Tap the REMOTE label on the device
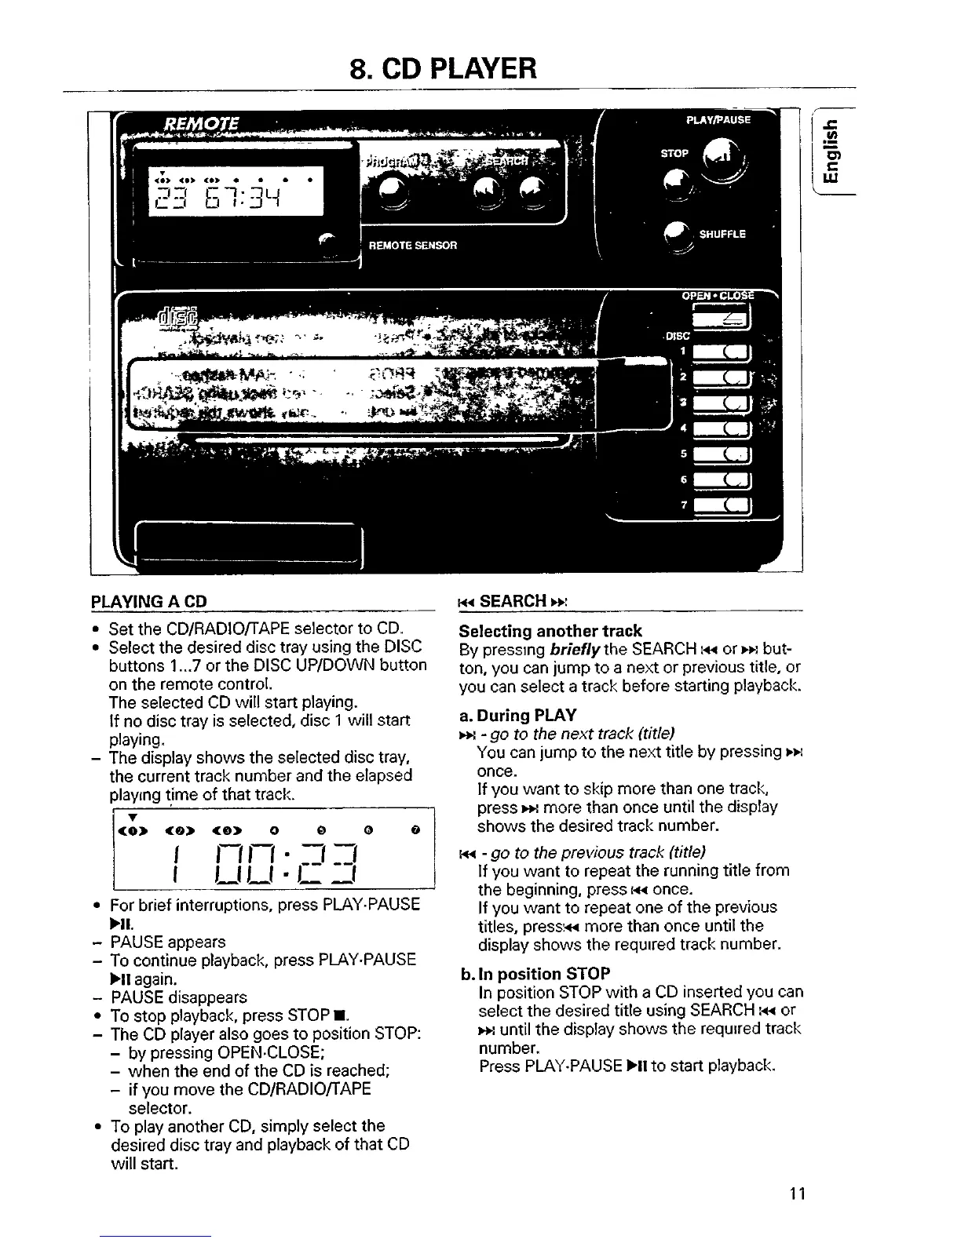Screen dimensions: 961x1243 202,124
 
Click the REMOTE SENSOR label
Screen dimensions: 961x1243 413,245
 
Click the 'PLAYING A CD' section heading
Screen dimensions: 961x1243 149,602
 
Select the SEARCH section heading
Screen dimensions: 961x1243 513,602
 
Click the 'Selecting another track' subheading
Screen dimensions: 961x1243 550,631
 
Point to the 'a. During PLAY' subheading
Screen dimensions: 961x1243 517,715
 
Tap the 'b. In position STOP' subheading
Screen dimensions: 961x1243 535,974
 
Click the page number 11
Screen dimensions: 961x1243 798,1194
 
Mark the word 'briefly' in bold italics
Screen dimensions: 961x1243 576,650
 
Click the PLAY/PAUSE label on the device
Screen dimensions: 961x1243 718,120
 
